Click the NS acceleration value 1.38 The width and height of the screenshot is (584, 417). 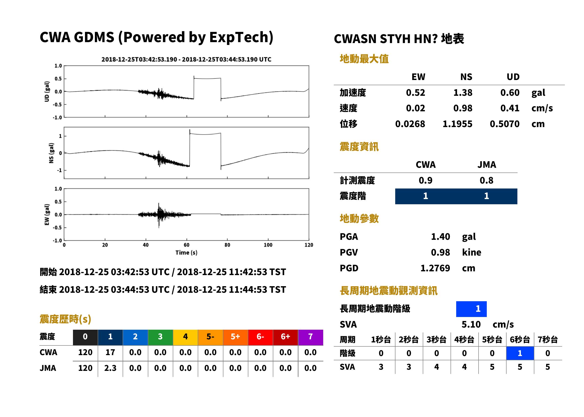pos(463,93)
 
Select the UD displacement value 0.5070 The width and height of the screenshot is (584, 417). pos(504,124)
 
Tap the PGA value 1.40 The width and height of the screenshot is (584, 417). pos(440,237)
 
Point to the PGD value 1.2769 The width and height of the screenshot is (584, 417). pos(435,268)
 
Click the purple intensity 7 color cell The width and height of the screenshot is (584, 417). pos(310,337)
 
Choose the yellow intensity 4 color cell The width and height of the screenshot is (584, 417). pos(185,337)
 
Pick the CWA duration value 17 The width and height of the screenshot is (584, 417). pos(110,352)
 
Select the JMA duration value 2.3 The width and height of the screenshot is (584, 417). pos(110,368)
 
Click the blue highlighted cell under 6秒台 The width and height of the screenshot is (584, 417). pos(520,353)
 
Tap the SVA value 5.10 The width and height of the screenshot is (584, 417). pos(471,325)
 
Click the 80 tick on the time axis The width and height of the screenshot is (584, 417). pos(227,245)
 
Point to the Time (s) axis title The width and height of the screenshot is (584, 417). pos(186,253)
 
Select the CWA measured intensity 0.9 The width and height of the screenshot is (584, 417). pos(426,180)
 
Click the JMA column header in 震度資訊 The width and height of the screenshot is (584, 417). pos(487,164)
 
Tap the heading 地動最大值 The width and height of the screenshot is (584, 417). pos(364,59)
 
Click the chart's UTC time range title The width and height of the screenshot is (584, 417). pos(186,60)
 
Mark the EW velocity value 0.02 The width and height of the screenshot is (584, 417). pos(415,108)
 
